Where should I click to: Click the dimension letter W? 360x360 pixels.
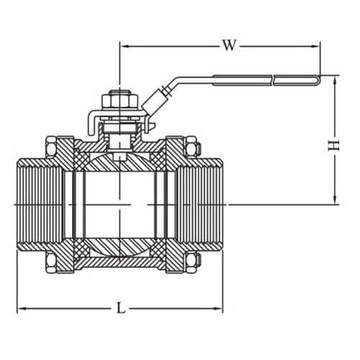(x=228, y=45)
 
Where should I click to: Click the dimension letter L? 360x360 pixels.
(x=121, y=308)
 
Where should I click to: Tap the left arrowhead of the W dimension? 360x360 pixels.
(x=123, y=45)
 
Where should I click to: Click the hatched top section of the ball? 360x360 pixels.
(x=119, y=164)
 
